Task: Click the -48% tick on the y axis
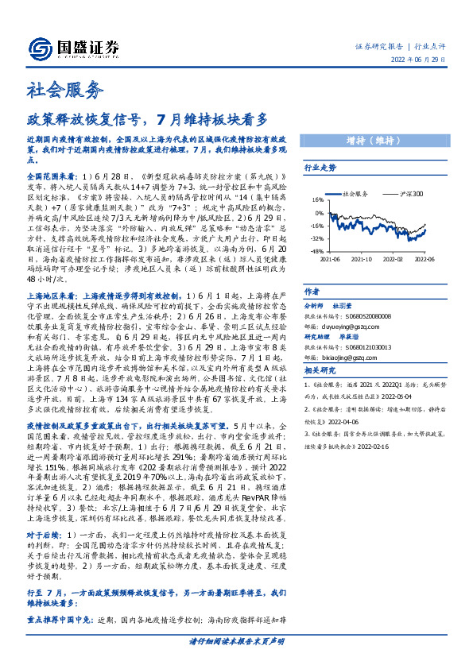click(316, 251)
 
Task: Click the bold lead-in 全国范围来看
click(51, 174)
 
